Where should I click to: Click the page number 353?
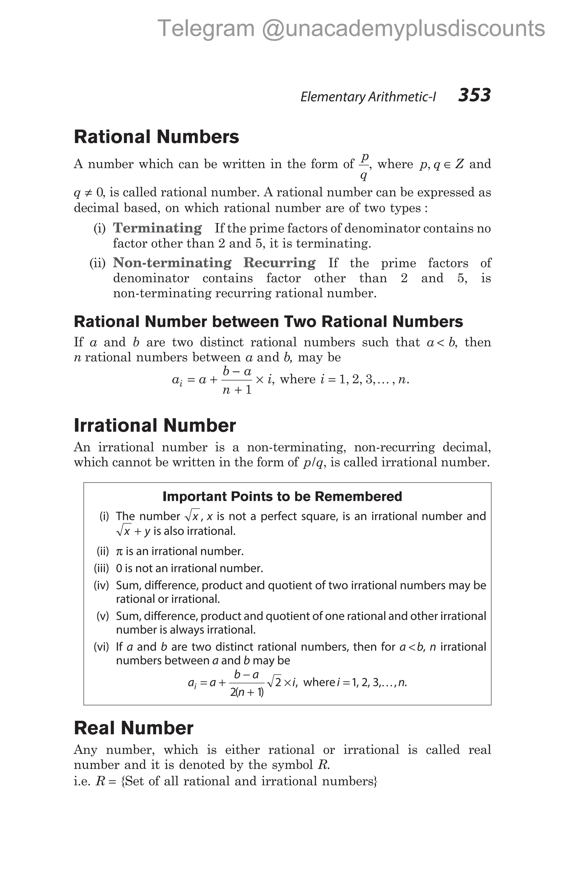pos(474,95)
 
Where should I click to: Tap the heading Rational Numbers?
pos(156,137)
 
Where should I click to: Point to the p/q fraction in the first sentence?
pos(364,167)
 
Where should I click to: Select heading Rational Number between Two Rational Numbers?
pos(268,322)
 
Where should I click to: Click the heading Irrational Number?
pos(154,425)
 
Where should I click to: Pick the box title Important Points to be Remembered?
pos(282,496)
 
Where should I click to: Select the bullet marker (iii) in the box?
pos(101,568)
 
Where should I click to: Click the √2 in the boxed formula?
pos(274,683)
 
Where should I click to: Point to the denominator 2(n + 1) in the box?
pos(247,693)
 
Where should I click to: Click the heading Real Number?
pos(133,728)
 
